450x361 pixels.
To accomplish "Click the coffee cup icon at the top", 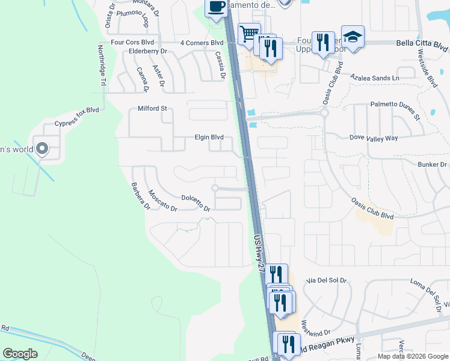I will (217, 7).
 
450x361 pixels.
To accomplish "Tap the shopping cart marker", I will (248, 33).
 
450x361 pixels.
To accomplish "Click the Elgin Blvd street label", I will (209, 137).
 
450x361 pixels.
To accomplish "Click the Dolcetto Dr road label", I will (196, 203).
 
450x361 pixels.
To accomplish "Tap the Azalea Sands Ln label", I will (375, 78).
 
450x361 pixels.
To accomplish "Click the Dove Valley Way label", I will (374, 138).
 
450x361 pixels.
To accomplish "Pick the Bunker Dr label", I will (432, 164).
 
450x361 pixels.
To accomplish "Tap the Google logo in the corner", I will (20, 354).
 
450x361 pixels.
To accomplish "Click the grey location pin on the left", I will (42, 148).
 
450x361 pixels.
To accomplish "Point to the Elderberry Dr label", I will (147, 52).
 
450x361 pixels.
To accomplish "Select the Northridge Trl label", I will (102, 67).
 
